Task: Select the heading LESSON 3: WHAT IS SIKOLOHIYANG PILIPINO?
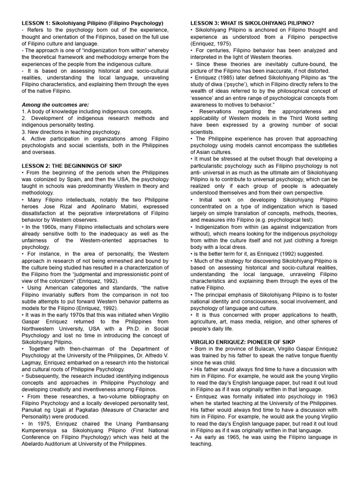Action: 252,23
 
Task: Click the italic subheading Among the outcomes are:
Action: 55,105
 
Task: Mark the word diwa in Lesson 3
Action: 215,85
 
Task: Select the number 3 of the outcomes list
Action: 23,132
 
